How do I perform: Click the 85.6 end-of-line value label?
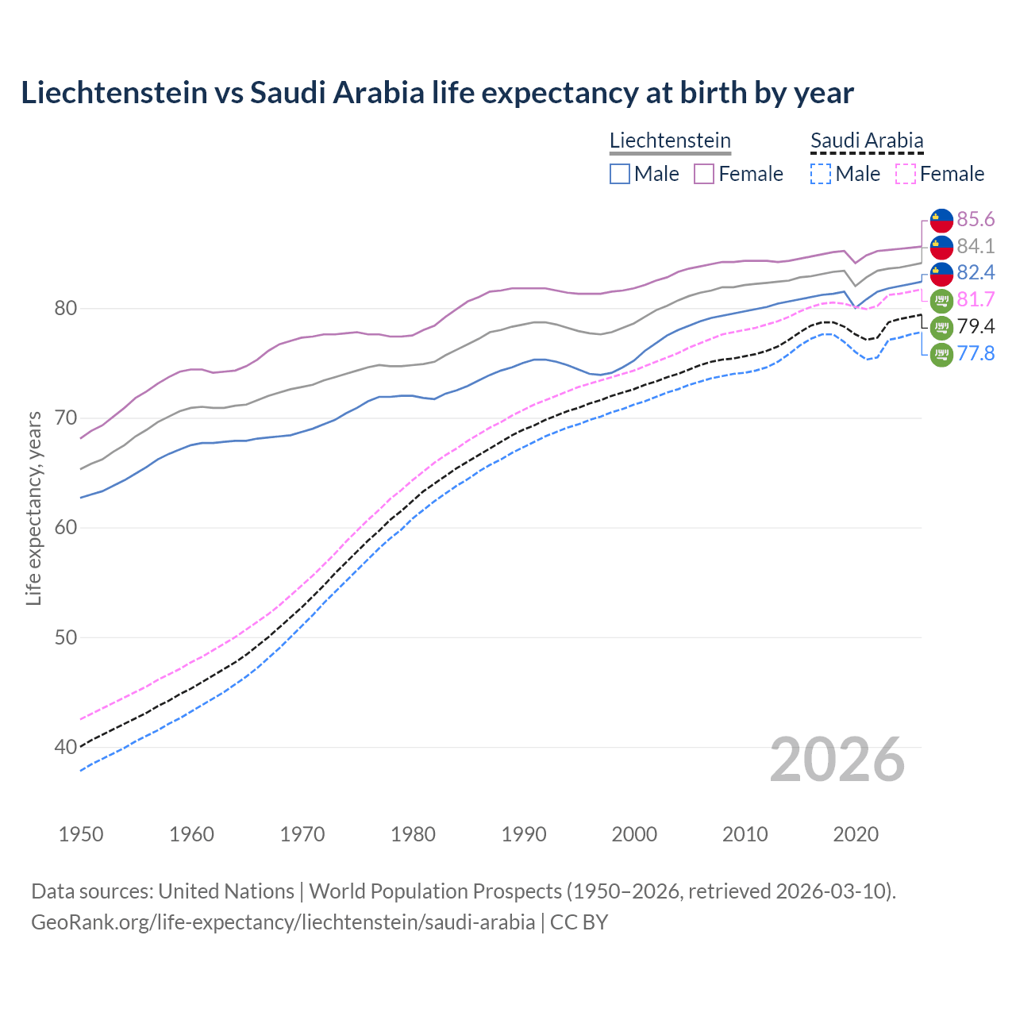[x=976, y=219]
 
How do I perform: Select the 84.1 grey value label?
[x=976, y=246]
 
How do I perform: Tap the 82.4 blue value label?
[x=976, y=273]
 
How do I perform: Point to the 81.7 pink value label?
[x=976, y=300]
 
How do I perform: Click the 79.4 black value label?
[x=976, y=327]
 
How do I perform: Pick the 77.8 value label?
[x=976, y=354]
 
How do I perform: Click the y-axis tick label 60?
[x=65, y=528]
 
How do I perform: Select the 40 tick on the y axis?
[x=65, y=747]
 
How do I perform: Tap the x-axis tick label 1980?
[x=413, y=834]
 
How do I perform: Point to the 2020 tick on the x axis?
[x=856, y=834]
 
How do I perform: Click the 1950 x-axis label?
[x=81, y=834]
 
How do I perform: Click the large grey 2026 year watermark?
[x=837, y=760]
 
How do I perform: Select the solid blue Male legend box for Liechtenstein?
[x=620, y=174]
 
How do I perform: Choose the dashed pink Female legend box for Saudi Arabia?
[x=906, y=174]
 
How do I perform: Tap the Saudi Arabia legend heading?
[x=867, y=141]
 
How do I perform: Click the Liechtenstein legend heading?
[x=670, y=141]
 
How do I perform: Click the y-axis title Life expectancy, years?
[x=33, y=509]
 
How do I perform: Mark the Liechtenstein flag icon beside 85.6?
[x=941, y=220]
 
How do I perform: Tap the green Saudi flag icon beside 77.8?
[x=941, y=355]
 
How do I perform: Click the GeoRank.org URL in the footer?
[x=283, y=922]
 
